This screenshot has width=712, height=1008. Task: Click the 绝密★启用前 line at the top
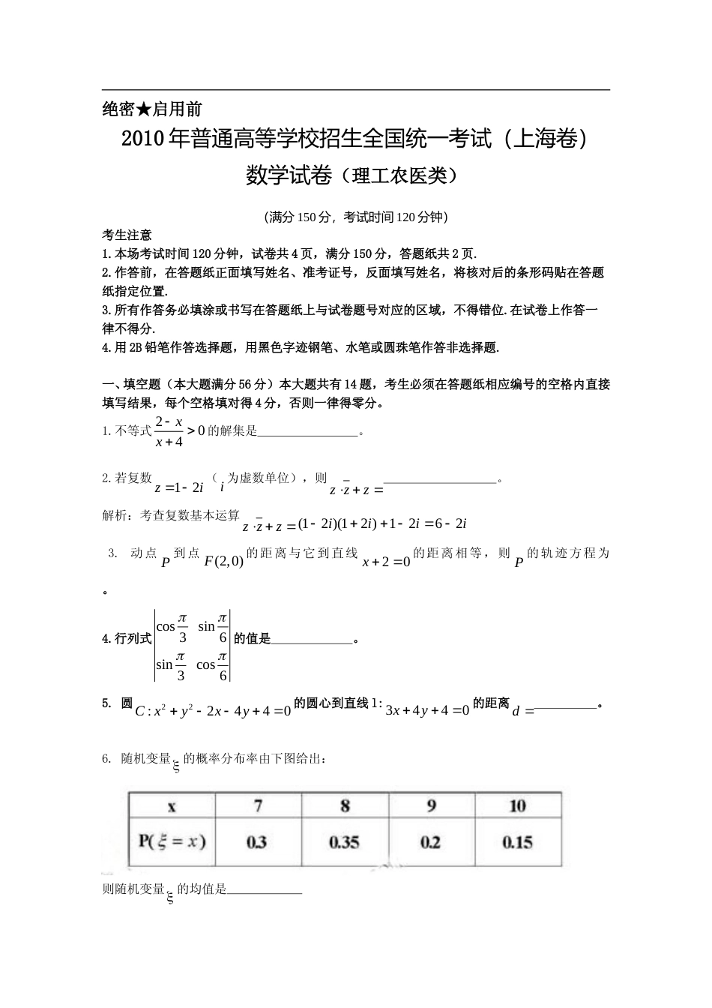[x=152, y=109]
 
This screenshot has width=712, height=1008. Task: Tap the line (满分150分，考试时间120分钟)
[x=356, y=217]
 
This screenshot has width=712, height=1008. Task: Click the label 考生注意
[x=127, y=235]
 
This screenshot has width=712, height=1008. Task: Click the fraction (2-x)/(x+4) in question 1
[x=169, y=431]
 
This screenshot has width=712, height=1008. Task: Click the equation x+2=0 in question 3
[x=386, y=562]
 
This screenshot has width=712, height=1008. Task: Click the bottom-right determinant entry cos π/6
[x=212, y=664]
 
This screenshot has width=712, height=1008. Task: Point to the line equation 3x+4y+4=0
[x=426, y=710]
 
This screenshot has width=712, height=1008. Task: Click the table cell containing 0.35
[x=345, y=841]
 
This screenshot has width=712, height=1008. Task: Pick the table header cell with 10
[x=518, y=805]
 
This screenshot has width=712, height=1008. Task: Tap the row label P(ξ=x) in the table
[x=172, y=841]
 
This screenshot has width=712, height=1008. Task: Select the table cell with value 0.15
[x=518, y=841]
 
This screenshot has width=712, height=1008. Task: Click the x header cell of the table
[x=172, y=806]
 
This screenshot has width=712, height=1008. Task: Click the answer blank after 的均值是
[x=264, y=890]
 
